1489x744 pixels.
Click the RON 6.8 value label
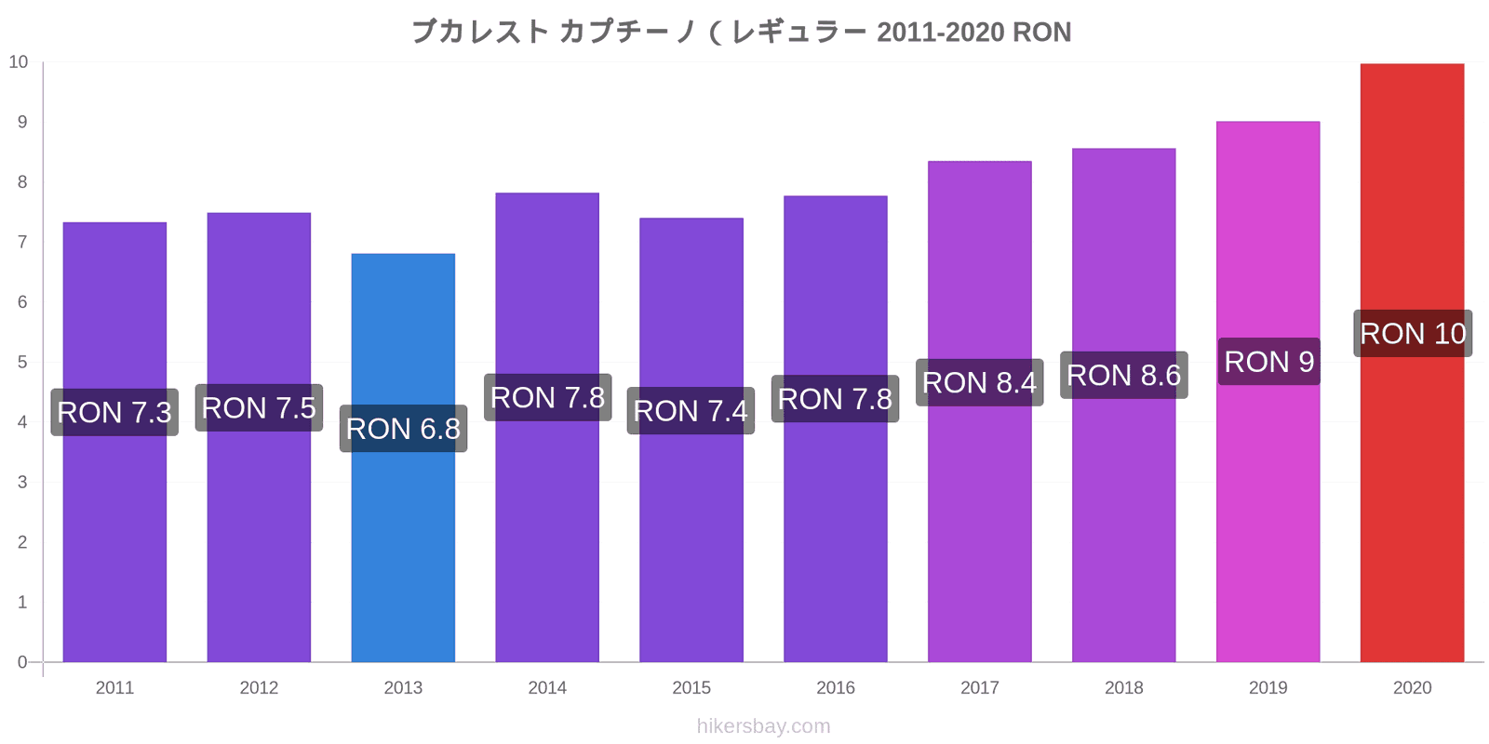(404, 429)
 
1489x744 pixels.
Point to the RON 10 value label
(1413, 334)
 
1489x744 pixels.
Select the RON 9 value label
(1269, 362)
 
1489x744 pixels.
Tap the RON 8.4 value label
(980, 382)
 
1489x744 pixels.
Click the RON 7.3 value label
(114, 413)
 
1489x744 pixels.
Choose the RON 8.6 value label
(1124, 376)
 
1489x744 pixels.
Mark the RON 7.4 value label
(691, 410)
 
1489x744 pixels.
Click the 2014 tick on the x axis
(547, 687)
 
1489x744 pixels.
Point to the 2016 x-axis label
(836, 687)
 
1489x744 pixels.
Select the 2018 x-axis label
(1124, 687)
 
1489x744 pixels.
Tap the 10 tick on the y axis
(18, 61)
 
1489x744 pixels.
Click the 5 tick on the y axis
(22, 362)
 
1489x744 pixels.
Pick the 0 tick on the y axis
(22, 662)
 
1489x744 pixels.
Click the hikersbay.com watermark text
(764, 726)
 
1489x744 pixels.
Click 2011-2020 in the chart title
(940, 32)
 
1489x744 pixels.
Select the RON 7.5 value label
(260, 408)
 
